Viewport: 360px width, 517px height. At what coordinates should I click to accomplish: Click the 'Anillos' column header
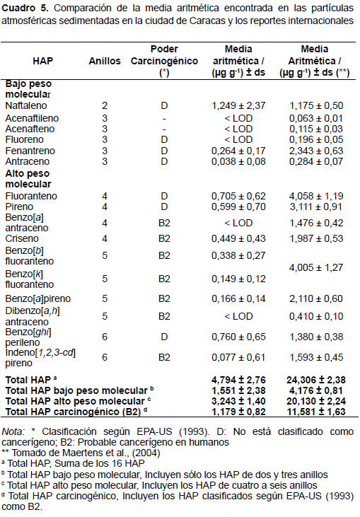click(105, 61)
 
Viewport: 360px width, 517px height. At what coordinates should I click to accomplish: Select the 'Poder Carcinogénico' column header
click(164, 61)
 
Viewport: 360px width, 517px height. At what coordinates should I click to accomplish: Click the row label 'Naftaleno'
click(26, 105)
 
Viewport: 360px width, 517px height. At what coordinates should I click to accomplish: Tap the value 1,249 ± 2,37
click(238, 105)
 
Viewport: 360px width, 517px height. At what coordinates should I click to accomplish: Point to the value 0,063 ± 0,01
click(316, 118)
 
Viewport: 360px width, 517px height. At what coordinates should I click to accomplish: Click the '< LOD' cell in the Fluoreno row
click(238, 139)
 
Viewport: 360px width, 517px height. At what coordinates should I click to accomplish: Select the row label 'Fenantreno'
click(30, 151)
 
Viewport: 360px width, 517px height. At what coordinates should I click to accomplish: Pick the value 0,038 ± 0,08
click(238, 161)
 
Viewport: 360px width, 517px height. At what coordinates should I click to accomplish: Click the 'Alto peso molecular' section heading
click(28, 179)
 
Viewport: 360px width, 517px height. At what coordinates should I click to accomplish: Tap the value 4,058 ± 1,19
click(316, 196)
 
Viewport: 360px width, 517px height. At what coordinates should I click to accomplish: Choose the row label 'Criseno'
click(22, 238)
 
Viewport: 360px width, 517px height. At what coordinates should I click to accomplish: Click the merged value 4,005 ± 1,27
click(316, 267)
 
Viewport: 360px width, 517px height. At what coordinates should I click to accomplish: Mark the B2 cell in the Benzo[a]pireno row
click(164, 298)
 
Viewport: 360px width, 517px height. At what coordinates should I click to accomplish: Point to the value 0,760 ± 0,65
click(238, 337)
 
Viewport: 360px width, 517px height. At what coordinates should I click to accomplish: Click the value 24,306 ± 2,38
click(316, 380)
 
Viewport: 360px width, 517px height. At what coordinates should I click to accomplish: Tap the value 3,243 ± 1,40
click(238, 401)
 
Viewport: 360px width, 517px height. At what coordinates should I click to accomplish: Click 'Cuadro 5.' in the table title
click(25, 8)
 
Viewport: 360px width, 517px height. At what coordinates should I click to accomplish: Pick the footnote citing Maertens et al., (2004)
click(81, 453)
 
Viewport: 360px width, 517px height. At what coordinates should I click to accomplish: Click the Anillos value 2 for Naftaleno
click(105, 105)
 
